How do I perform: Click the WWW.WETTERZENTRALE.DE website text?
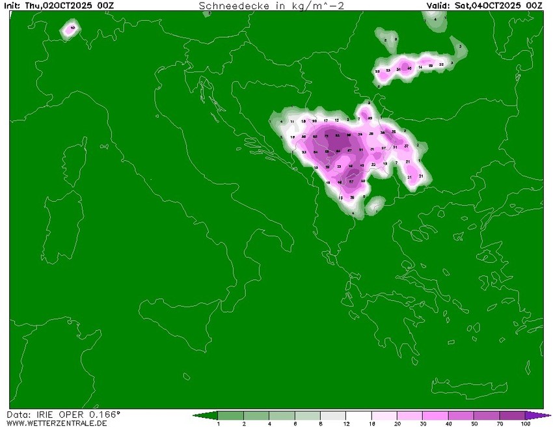57,423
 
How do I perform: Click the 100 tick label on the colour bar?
525,424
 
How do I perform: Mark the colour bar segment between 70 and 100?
512,415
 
